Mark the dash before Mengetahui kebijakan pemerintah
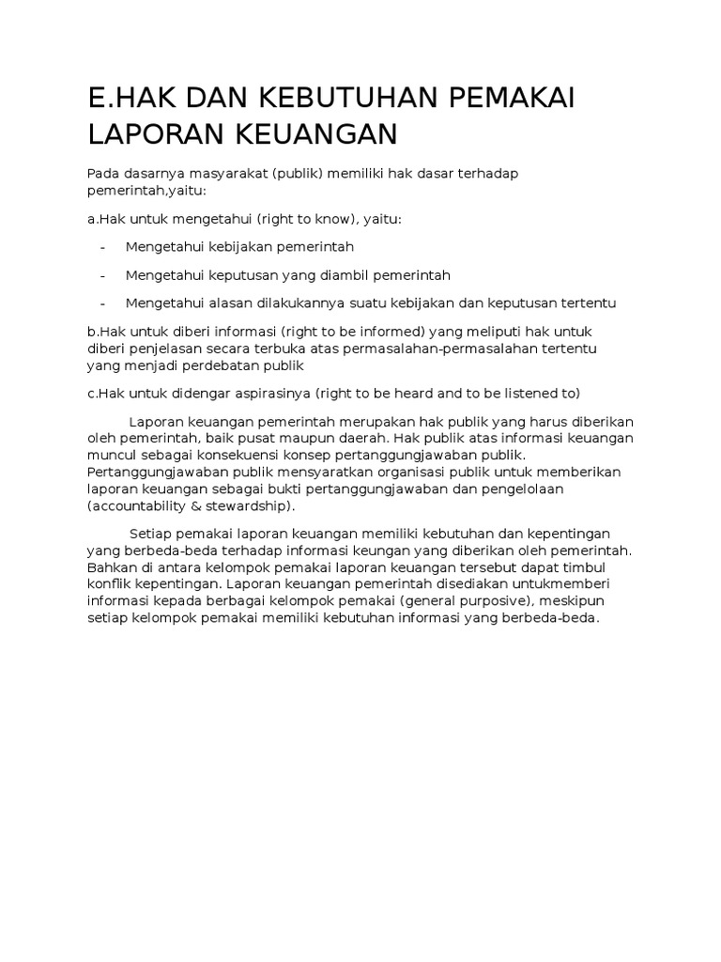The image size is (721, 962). click(x=101, y=246)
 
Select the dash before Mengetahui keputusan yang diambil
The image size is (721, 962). click(x=101, y=275)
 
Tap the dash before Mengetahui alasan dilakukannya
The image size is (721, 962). click(x=101, y=303)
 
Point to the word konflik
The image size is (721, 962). click(x=109, y=585)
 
